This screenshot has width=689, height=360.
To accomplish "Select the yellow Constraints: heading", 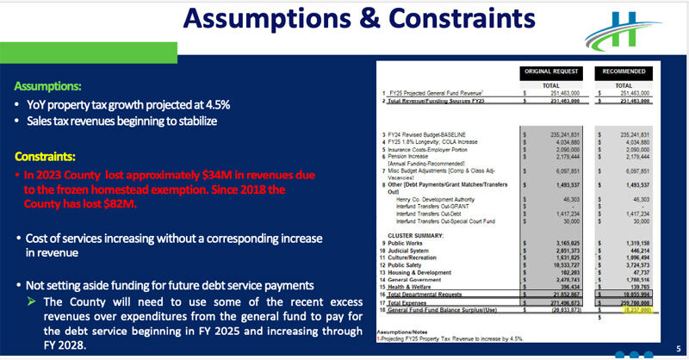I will tap(45, 158).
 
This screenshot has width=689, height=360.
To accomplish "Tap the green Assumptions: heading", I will tap(48, 87).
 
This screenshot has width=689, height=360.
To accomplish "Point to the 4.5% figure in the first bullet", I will tap(216, 105).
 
